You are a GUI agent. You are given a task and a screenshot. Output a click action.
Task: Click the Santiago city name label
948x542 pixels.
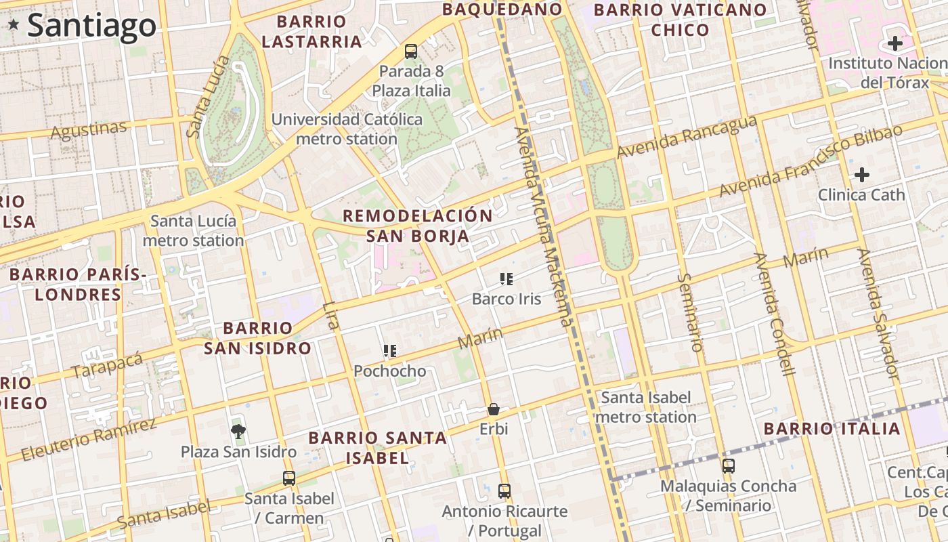click(91, 26)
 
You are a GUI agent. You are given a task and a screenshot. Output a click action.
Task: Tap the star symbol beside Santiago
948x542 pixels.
click(14, 25)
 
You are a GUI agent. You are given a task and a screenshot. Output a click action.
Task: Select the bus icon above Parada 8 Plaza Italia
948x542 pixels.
click(410, 51)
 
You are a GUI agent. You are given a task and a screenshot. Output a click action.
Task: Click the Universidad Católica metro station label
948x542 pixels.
click(347, 129)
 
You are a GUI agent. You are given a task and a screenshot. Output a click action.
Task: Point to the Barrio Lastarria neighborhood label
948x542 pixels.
click(311, 32)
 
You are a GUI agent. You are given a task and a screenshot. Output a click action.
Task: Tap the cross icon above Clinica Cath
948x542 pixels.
click(861, 175)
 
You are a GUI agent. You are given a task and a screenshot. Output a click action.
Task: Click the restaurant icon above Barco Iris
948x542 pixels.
click(506, 278)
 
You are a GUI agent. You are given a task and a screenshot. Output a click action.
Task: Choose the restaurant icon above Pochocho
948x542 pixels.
click(390, 351)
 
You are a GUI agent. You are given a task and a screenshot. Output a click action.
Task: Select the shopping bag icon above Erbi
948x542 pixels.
click(494, 409)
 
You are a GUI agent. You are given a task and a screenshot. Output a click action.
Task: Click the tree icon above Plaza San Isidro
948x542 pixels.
click(238, 431)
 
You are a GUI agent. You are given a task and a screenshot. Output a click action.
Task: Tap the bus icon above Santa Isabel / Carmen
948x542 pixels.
click(289, 478)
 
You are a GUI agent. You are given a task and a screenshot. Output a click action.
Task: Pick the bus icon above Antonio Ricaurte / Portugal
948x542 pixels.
click(504, 491)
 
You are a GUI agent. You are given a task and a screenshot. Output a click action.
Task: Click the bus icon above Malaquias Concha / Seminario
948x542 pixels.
click(729, 466)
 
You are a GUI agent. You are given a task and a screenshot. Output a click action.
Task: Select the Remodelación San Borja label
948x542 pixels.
click(418, 226)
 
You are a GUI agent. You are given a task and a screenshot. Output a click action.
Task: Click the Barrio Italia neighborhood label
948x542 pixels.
click(832, 428)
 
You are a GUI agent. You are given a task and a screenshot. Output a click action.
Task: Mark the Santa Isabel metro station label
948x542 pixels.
click(646, 406)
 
